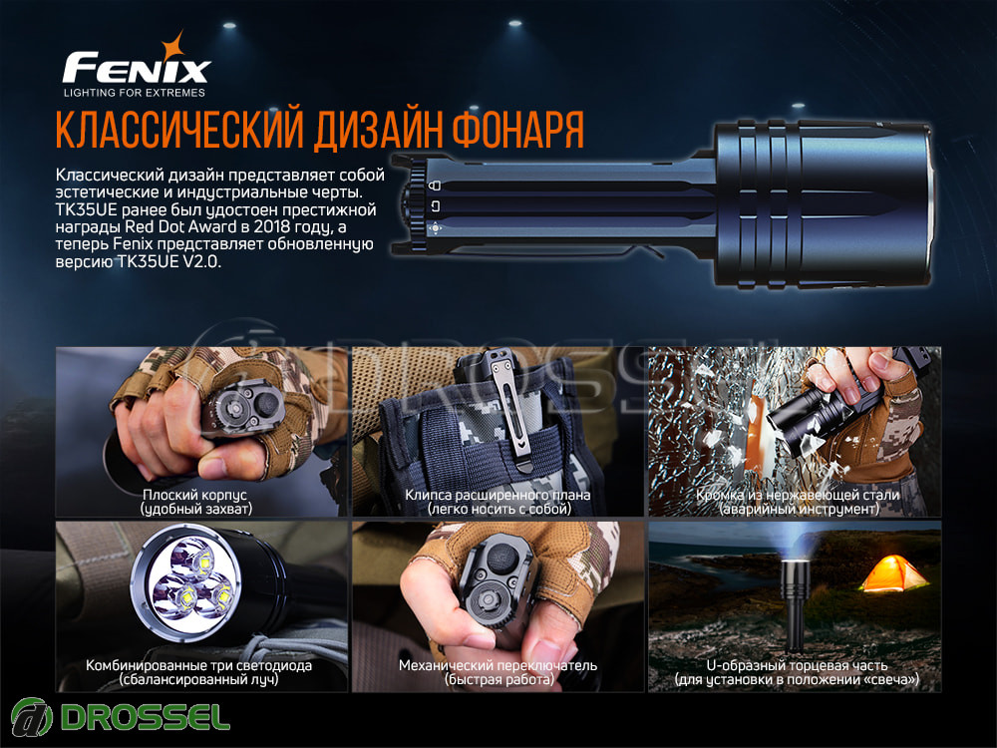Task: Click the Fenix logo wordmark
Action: (136, 68)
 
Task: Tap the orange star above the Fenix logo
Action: (172, 46)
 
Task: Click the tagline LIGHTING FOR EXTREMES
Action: (135, 92)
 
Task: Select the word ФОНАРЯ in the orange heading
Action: (517, 129)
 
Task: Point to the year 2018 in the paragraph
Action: (271, 227)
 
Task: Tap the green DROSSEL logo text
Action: (146, 717)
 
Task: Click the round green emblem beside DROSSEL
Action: (32, 717)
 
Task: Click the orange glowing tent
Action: (893, 573)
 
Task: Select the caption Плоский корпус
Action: (194, 495)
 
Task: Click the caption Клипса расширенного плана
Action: (498, 495)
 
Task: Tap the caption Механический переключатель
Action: (498, 665)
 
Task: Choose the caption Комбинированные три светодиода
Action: (199, 665)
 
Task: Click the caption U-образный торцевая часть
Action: (797, 665)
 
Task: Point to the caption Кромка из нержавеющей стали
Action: (798, 495)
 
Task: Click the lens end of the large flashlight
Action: (927, 203)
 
